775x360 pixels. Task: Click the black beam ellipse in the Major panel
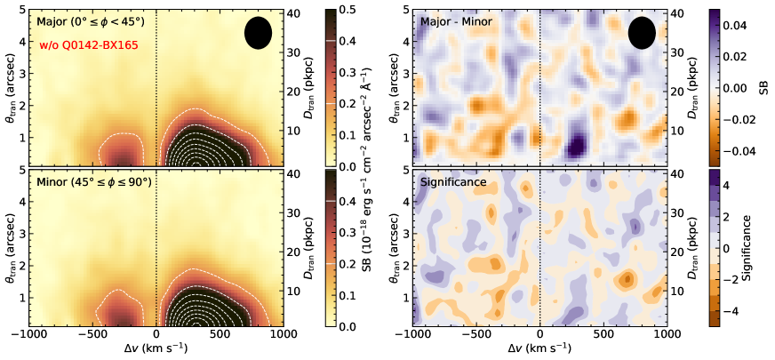pyautogui.click(x=258, y=33)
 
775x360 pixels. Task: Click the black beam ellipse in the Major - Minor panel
pyautogui.click(x=642, y=33)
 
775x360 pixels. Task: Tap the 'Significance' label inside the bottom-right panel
pyautogui.click(x=454, y=182)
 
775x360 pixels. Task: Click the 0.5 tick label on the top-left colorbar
pyautogui.click(x=359, y=10)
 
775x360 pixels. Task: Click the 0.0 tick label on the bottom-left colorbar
pyautogui.click(x=359, y=327)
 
